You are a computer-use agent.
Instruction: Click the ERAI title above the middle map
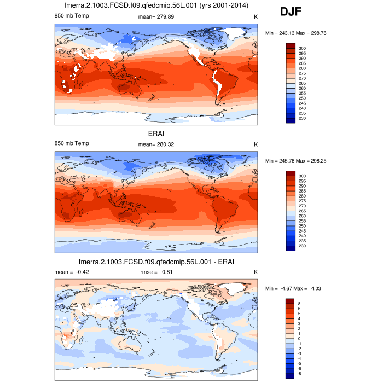click(156, 133)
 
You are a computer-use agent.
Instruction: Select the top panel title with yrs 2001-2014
click(156, 6)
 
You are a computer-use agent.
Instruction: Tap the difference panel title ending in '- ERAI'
click(156, 262)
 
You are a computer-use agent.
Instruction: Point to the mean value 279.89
click(164, 17)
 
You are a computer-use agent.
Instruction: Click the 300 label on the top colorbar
click(302, 48)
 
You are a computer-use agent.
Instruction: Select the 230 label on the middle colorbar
click(302, 246)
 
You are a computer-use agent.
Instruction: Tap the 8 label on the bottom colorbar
click(300, 303)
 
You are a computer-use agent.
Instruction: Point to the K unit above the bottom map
click(255, 272)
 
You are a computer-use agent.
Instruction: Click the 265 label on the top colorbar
click(302, 83)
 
